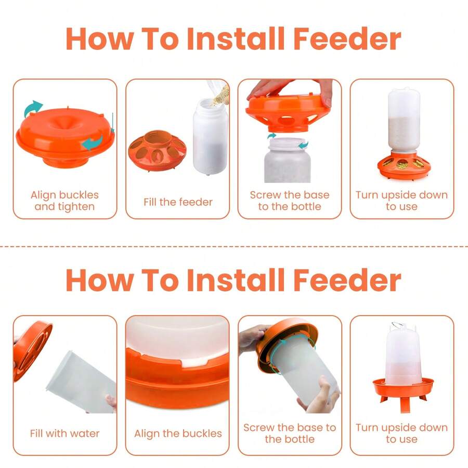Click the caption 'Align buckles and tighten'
click(64, 201)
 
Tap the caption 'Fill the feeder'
click(178, 202)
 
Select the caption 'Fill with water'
click(64, 433)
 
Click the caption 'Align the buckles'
click(178, 433)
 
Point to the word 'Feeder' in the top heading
click(347, 38)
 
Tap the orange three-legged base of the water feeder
click(402, 388)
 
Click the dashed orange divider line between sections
click(234, 246)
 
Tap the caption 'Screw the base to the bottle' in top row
click(289, 201)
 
